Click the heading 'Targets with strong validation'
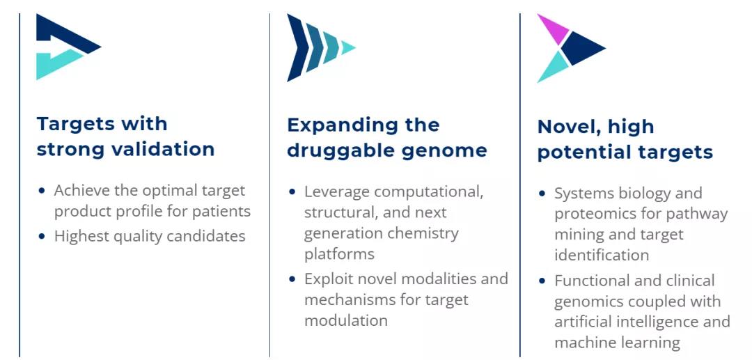[x=125, y=136]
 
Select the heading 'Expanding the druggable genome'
[x=387, y=138]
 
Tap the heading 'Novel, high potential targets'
[x=625, y=139]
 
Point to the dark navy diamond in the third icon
[x=581, y=49]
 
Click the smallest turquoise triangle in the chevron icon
[x=347, y=47]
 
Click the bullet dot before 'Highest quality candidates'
[x=42, y=236]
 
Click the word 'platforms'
[x=339, y=254]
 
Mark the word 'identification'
[x=602, y=255]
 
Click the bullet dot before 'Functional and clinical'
[x=542, y=281]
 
